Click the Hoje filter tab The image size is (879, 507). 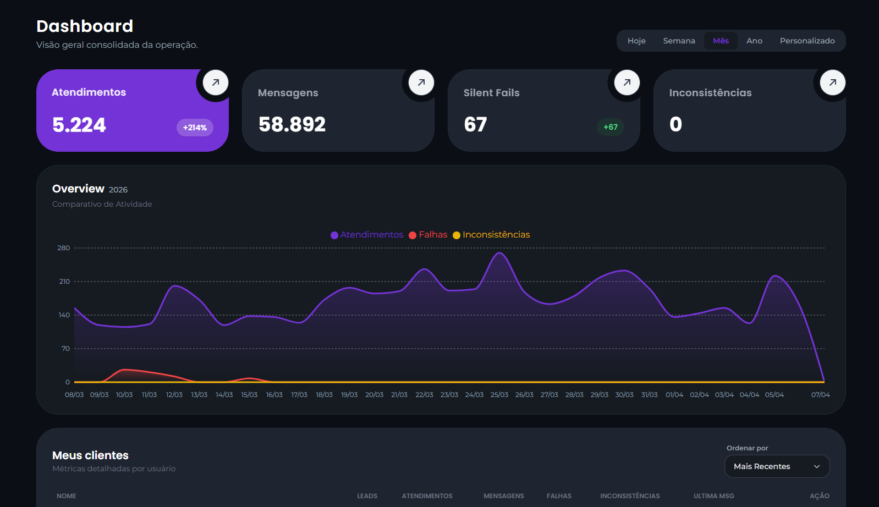(636, 41)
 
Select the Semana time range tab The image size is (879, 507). (679, 41)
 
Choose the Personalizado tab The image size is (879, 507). (807, 41)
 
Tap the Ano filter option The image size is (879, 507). (754, 41)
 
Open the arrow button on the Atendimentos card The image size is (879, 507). (216, 82)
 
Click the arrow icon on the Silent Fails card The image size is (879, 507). (627, 82)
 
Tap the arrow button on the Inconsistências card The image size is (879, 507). (833, 82)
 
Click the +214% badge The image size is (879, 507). (195, 128)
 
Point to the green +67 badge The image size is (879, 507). (611, 127)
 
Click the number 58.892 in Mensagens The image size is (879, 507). (292, 124)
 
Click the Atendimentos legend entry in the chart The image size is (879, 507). (367, 235)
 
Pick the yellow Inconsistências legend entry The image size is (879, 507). (491, 235)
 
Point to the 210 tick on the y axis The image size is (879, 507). (64, 282)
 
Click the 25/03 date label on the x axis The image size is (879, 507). (499, 395)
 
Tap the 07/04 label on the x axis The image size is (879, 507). (820, 395)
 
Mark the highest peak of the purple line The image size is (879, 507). (499, 253)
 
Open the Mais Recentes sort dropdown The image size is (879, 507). (777, 466)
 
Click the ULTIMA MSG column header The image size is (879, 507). (713, 496)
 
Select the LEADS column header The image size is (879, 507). (367, 496)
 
